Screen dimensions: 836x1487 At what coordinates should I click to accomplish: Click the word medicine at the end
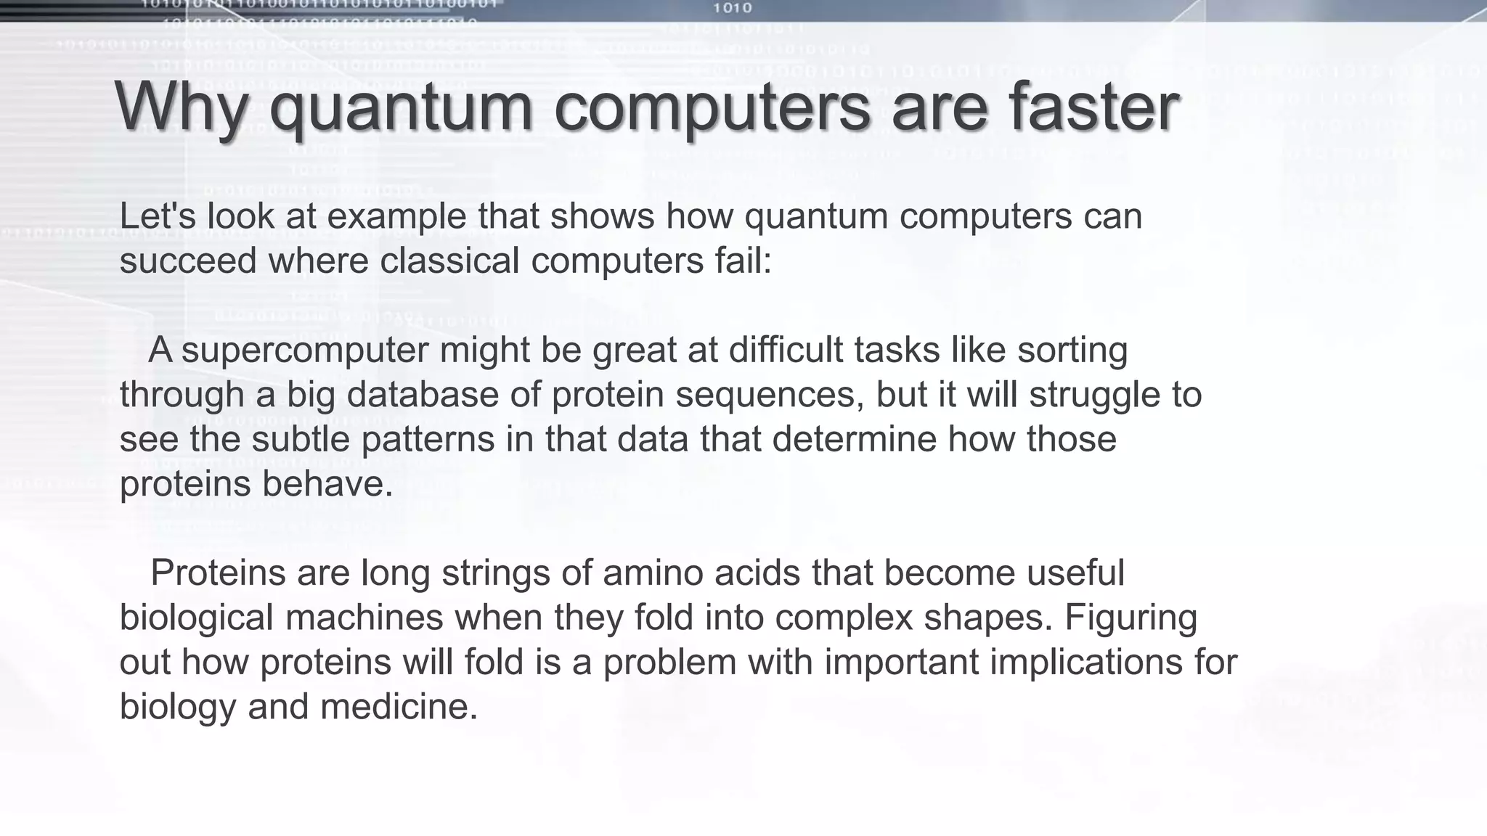[398, 707]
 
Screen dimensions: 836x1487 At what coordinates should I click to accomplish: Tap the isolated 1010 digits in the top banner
[732, 9]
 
